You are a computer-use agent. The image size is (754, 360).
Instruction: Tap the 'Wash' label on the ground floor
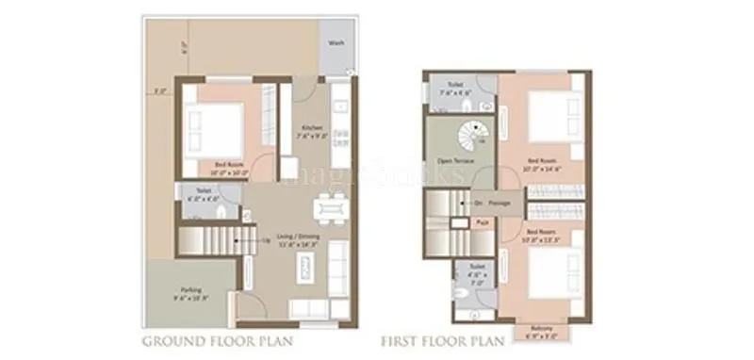(x=336, y=43)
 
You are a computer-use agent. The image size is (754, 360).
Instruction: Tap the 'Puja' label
(x=480, y=222)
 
